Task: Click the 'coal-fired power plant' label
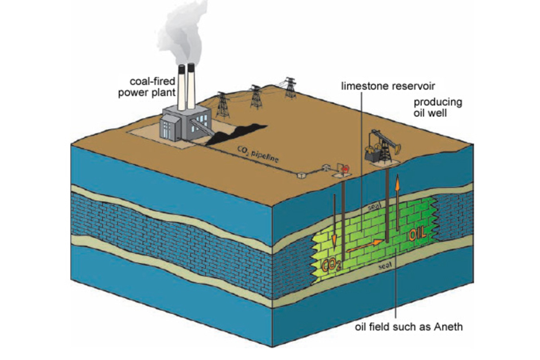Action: (x=144, y=86)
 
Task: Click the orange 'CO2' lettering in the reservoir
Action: (x=332, y=264)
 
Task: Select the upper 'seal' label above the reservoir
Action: (x=374, y=207)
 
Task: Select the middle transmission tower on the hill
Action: (x=256, y=96)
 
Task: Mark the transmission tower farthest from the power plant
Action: (x=291, y=88)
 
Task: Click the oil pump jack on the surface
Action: (x=383, y=146)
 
